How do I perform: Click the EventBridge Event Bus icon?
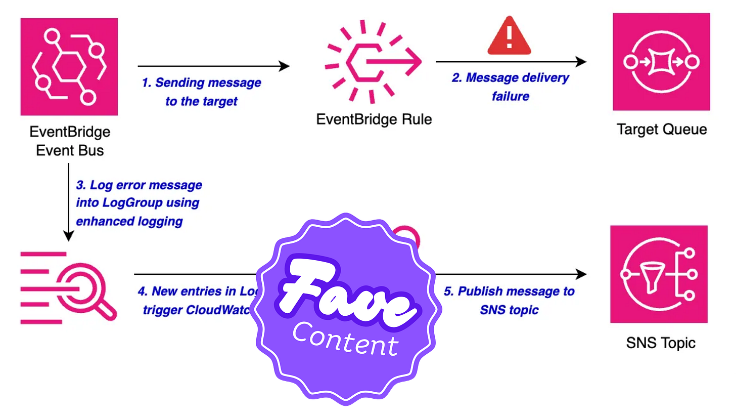pyautogui.click(x=69, y=67)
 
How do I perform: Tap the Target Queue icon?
pyautogui.click(x=661, y=62)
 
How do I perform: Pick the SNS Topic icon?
pyautogui.click(x=659, y=274)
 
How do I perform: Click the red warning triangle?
pyautogui.click(x=509, y=35)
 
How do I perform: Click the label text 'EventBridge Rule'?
pyautogui.click(x=374, y=120)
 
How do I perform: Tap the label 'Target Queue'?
pyautogui.click(x=661, y=130)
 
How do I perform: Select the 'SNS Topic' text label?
pyautogui.click(x=660, y=343)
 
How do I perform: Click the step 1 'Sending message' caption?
pyautogui.click(x=202, y=92)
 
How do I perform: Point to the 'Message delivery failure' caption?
pyautogui.click(x=510, y=87)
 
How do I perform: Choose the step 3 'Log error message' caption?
pyautogui.click(x=139, y=202)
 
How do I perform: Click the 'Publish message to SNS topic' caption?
pyautogui.click(x=509, y=301)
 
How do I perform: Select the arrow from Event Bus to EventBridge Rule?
pyautogui.click(x=213, y=66)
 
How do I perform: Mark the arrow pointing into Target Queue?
pyautogui.click(x=511, y=62)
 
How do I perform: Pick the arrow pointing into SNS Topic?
pyautogui.click(x=511, y=274)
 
